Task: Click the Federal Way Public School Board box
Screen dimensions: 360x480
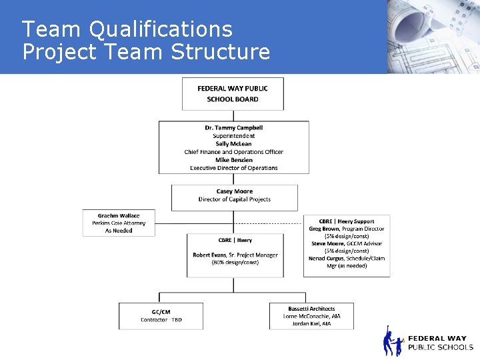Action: point(233,94)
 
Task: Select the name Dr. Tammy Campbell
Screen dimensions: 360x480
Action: point(233,127)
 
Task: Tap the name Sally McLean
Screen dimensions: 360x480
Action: point(233,144)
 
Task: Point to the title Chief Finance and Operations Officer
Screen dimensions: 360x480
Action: point(233,152)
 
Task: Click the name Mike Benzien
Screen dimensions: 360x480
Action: point(233,160)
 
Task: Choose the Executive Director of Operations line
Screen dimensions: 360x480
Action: point(233,168)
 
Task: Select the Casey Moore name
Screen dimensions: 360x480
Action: point(234,191)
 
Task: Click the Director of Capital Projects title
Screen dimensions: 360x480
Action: point(234,199)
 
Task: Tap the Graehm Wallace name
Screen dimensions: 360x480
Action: point(119,216)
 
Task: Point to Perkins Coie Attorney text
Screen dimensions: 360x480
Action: point(119,223)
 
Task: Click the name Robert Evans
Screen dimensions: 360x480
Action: point(209,255)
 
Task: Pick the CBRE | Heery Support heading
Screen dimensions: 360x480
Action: point(346,221)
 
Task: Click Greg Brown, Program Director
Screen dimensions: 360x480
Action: point(346,229)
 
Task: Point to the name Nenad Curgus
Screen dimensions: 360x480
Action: point(327,258)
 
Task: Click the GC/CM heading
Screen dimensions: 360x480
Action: point(161,312)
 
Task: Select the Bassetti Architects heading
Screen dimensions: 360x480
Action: point(311,309)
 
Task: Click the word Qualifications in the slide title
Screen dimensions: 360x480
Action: point(161,29)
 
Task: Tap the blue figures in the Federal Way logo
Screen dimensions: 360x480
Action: point(393,342)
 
